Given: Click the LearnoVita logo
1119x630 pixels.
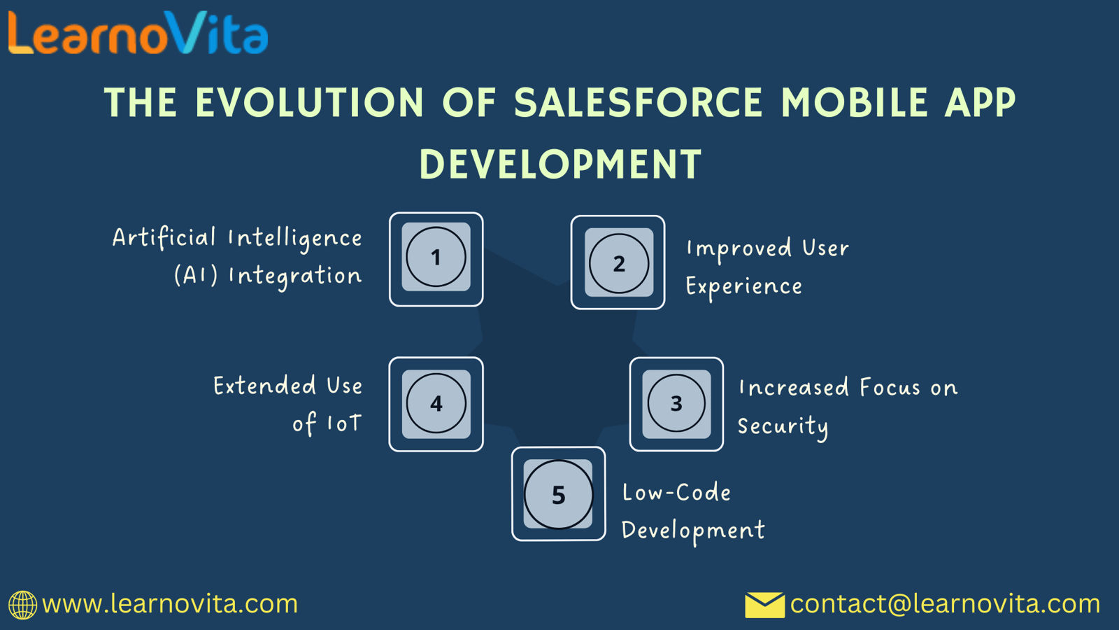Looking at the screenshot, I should (x=138, y=34).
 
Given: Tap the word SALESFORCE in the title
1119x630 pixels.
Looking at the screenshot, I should (x=639, y=104).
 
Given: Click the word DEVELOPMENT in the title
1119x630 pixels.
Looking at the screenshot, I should (x=560, y=165).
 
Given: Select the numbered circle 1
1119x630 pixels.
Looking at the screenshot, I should (x=436, y=258).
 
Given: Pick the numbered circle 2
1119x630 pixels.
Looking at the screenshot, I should (x=618, y=264).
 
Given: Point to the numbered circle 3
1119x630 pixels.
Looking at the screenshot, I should (x=676, y=404).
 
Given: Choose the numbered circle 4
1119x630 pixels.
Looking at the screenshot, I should (x=436, y=404).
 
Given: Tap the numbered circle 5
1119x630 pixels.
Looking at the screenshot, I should (x=558, y=495).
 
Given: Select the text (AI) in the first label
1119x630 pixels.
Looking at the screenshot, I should (x=196, y=275).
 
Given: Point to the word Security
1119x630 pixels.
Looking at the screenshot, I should (x=783, y=426).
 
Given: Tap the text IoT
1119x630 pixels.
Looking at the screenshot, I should (x=344, y=423).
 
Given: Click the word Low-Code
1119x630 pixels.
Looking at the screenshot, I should (x=676, y=493).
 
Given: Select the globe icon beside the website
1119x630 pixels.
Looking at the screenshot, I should (x=22, y=605).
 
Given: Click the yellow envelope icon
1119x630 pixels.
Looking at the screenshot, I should (x=764, y=605).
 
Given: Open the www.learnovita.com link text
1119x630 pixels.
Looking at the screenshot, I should (x=170, y=604).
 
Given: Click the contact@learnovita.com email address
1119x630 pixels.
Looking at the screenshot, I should (x=945, y=604).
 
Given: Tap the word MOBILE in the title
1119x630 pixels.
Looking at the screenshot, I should (x=855, y=104).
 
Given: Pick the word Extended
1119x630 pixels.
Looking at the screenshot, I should (x=264, y=386).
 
